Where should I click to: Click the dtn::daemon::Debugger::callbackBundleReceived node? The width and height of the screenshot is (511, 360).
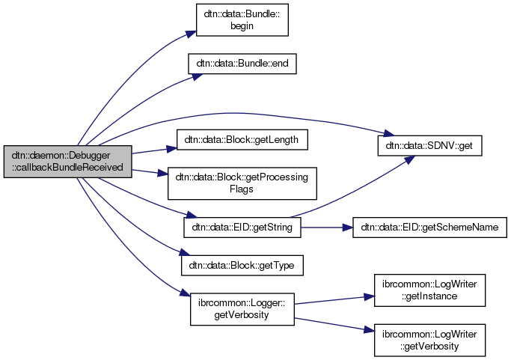point(67,161)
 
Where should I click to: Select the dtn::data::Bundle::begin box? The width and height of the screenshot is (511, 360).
point(242,19)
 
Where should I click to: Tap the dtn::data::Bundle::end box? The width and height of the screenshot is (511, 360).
point(242,64)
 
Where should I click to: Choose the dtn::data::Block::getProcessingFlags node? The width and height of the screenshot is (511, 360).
point(242,183)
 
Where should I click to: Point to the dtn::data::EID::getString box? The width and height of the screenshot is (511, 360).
point(242,225)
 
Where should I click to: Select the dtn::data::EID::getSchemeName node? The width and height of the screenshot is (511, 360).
point(430,225)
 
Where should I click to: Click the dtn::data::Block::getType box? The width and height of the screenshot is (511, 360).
point(242,265)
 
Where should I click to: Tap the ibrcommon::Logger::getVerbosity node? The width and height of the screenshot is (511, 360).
point(242,309)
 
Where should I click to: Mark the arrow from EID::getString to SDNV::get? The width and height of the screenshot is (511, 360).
point(352,187)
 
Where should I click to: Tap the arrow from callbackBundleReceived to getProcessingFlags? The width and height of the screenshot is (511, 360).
point(150,171)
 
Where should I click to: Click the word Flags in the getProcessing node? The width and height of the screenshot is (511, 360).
point(242,189)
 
